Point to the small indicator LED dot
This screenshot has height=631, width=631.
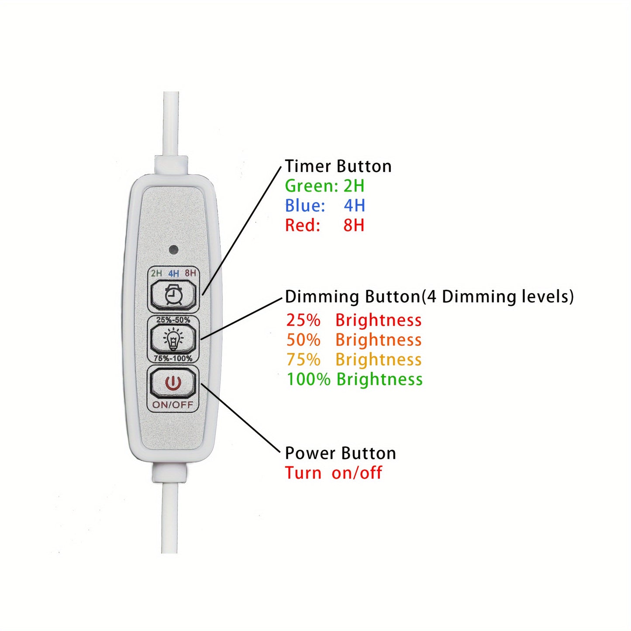tap(173, 250)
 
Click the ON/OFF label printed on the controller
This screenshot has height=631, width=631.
tap(172, 404)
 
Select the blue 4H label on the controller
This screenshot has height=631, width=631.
tap(173, 273)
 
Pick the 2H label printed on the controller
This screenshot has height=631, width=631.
tap(156, 273)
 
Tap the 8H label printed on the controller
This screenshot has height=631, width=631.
tap(190, 273)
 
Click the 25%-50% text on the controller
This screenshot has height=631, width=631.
tap(173, 320)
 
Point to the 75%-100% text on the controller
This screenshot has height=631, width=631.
tap(173, 358)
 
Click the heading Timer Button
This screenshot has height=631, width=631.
tap(338, 166)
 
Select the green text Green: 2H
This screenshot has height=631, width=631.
tap(324, 186)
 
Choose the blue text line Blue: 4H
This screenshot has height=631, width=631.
tap(325, 206)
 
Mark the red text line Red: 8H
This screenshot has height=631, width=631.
tap(324, 225)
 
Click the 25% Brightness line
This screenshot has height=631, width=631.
tap(354, 320)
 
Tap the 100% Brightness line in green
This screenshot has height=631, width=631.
tap(355, 379)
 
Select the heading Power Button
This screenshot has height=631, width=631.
tap(340, 453)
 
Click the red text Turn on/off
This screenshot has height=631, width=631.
tap(333, 473)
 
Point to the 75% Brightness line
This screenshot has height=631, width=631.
tap(354, 359)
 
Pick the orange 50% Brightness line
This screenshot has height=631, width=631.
tap(354, 340)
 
